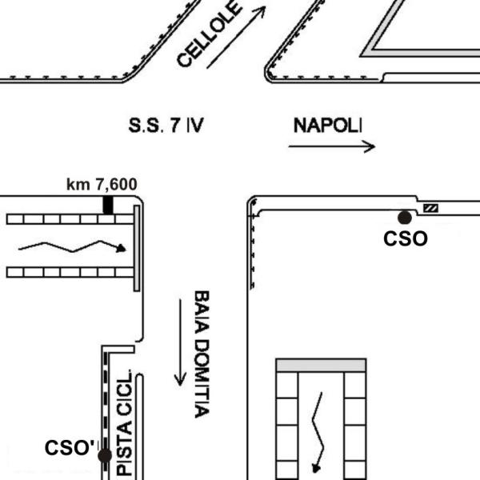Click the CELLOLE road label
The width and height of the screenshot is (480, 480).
pos(208,33)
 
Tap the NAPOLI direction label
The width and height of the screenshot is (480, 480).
pos(327,126)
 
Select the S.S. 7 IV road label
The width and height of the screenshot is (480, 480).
pos(166,125)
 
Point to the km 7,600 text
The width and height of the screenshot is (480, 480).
pos(102,184)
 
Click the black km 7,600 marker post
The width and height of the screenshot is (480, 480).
pos(108,205)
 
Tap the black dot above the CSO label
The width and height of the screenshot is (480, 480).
pos(405,218)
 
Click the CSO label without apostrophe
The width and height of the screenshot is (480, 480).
pos(406,238)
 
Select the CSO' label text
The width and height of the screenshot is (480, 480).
pos(71,447)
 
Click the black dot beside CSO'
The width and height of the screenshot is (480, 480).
pos(105,456)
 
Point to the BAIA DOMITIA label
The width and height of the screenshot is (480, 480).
pos(202,354)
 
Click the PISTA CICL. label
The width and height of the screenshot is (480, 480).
pos(125,422)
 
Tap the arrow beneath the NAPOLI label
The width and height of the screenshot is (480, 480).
pos(332,146)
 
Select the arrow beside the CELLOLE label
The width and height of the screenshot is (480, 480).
pos(236,37)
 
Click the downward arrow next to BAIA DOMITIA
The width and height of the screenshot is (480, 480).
pos(180,342)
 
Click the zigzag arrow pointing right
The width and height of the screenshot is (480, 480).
pos(72,246)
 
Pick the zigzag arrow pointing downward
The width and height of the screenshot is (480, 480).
pos(318,432)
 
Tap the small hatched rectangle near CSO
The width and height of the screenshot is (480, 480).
pos(430,208)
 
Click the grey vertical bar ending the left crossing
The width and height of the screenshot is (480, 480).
pos(137,248)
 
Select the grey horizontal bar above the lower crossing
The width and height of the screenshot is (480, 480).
pos(321,366)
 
